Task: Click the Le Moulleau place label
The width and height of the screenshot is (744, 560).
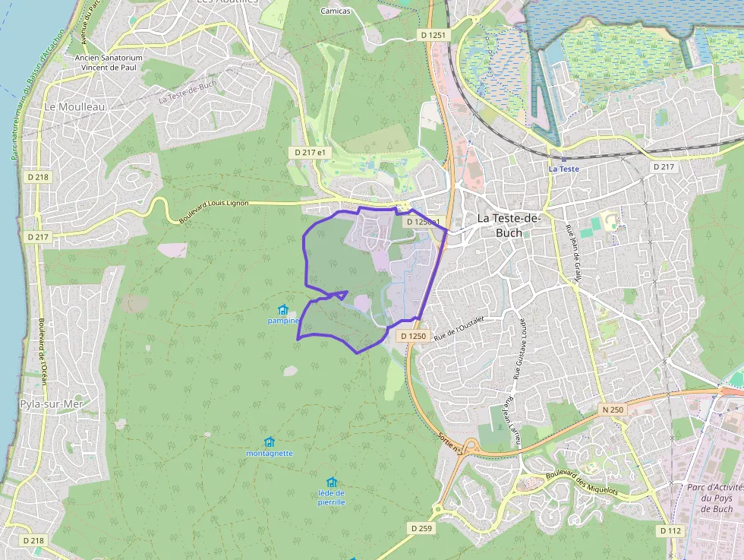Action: (x=74, y=107)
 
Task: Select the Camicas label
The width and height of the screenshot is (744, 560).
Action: (x=335, y=11)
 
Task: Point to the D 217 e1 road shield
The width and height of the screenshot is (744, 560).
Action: (x=311, y=153)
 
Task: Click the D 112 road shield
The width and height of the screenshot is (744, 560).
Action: (x=670, y=530)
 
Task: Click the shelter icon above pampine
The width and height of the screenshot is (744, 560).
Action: (x=283, y=310)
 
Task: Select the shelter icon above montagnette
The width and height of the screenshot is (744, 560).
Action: (x=269, y=442)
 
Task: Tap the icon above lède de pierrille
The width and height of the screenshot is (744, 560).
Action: (x=331, y=482)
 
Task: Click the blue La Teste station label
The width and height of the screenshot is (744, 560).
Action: (x=564, y=169)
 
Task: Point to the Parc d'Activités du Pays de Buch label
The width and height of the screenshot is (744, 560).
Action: (x=714, y=498)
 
